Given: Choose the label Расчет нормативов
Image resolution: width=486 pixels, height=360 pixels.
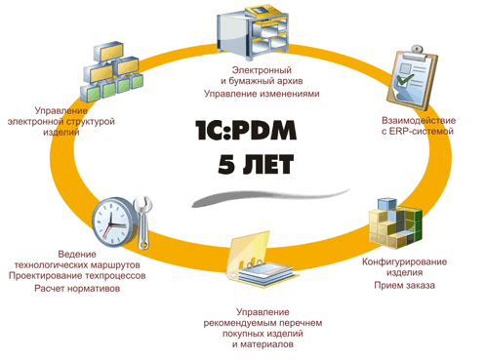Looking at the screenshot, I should click(x=78, y=289).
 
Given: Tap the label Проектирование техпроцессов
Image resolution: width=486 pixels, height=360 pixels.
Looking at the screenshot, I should click(x=77, y=276).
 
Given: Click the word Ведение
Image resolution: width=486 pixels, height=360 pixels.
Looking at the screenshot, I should click(x=77, y=253).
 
